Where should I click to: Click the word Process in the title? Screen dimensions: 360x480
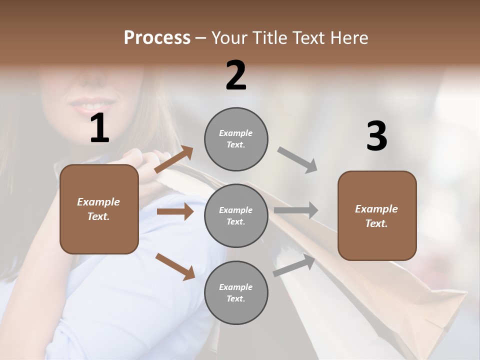[157, 38]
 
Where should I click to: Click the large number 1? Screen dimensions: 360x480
[99, 129]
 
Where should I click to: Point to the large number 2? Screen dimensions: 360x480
[236, 75]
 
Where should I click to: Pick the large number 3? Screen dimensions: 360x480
[376, 136]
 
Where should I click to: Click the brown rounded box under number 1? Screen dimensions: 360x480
[99, 209]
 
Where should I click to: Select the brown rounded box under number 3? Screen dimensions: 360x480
[377, 216]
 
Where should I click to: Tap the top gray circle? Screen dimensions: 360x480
[236, 139]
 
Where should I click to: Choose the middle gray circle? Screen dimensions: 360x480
[236, 216]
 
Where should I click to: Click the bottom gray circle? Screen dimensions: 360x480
[236, 293]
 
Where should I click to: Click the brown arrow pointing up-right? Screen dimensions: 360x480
[174, 159]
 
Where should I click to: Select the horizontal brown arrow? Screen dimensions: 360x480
[175, 211]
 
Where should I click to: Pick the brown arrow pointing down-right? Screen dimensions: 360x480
[175, 266]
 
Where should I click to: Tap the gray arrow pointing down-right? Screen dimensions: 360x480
[297, 159]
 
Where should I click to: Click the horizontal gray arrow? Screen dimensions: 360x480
[296, 210]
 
